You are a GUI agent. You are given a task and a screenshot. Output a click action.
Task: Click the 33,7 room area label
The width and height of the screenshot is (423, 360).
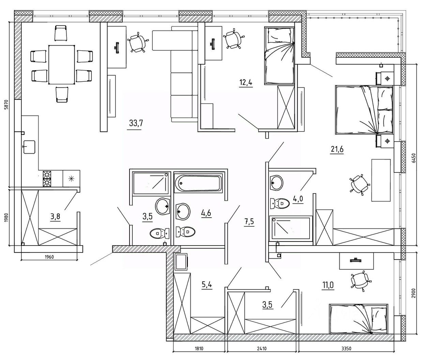136,123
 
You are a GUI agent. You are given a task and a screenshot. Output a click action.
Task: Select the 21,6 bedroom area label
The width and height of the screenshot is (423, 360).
337,149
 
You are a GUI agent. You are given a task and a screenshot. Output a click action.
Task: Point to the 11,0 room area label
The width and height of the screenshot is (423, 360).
328,284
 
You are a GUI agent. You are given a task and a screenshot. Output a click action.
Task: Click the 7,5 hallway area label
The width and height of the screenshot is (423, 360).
249,222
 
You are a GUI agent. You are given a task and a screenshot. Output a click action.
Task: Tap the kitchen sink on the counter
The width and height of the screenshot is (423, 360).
30,147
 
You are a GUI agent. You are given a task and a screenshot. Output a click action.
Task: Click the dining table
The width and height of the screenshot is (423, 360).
61,65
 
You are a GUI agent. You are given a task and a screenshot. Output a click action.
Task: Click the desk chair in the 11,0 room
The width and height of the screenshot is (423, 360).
360,280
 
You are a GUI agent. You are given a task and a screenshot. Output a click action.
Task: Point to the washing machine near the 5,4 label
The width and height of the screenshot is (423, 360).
181,262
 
